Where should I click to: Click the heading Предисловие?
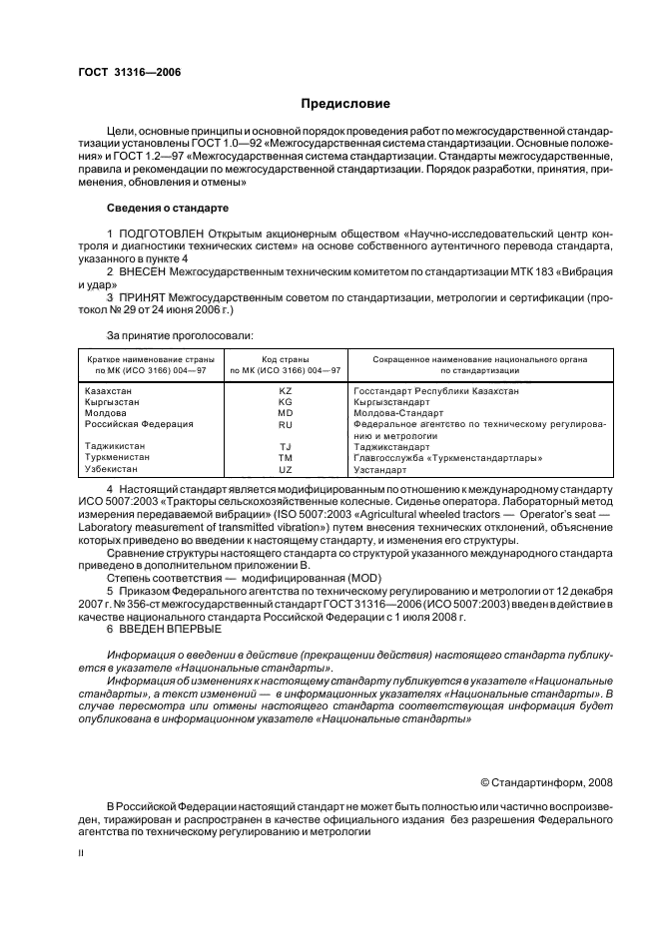(x=345, y=104)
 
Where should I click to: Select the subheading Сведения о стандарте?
(x=168, y=209)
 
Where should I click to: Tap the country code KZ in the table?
(x=285, y=391)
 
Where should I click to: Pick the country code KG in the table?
(x=285, y=402)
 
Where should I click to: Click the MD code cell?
(x=285, y=413)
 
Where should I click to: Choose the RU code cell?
(x=285, y=424)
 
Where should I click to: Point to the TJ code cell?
(x=285, y=447)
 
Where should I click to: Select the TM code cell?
(x=285, y=457)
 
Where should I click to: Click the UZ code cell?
(x=285, y=469)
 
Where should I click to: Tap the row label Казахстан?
(x=113, y=391)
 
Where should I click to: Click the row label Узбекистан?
(x=115, y=469)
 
